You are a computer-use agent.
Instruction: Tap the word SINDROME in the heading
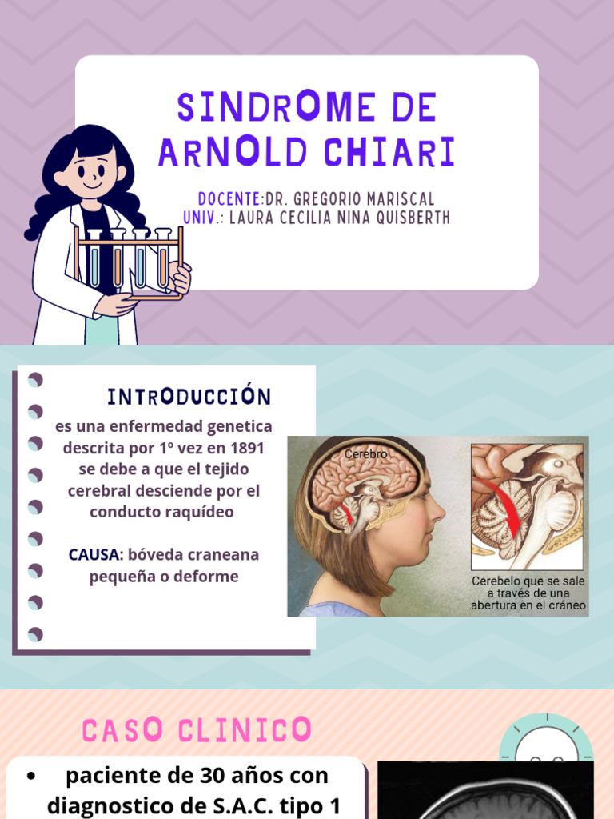pyautogui.click(x=276, y=106)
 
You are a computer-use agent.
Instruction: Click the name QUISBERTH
pyautogui.click(x=413, y=218)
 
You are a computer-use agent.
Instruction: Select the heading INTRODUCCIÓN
pyautogui.click(x=189, y=396)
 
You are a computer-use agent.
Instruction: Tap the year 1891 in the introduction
pyautogui.click(x=247, y=448)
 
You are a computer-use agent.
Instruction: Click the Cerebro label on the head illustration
pyautogui.click(x=366, y=454)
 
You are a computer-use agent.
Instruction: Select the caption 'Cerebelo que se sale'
pyautogui.click(x=528, y=581)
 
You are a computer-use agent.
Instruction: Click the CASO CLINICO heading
pyautogui.click(x=197, y=729)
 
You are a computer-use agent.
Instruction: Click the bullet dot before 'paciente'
pyautogui.click(x=32, y=777)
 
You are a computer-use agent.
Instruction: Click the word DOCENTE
pyautogui.click(x=229, y=199)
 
